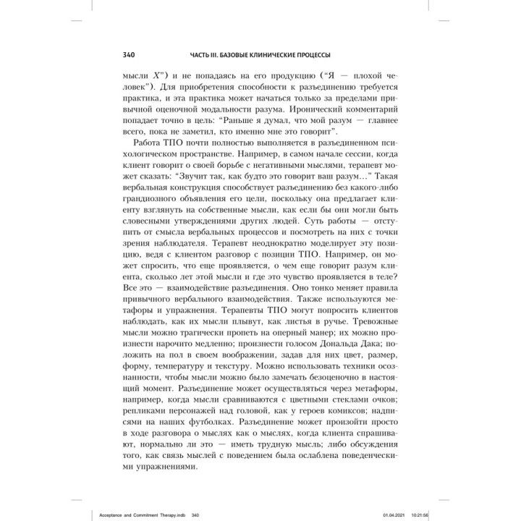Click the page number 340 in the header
coord(115,55)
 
